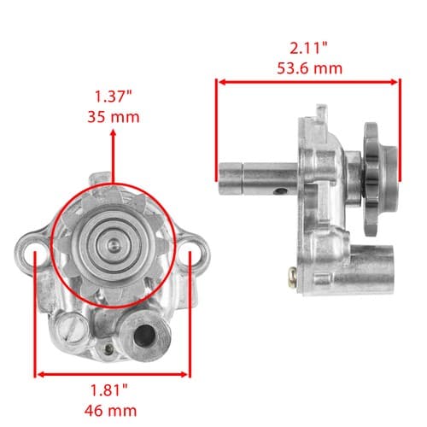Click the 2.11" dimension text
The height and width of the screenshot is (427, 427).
pyautogui.click(x=309, y=48)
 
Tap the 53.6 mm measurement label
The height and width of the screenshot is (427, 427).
pyautogui.click(x=310, y=68)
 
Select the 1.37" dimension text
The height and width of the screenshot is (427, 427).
pyautogui.click(x=114, y=97)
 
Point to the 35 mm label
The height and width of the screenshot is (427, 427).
pyautogui.click(x=114, y=117)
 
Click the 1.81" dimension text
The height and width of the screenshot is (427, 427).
pyautogui.click(x=109, y=390)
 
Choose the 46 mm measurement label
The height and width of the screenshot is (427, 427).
pyautogui.click(x=110, y=411)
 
